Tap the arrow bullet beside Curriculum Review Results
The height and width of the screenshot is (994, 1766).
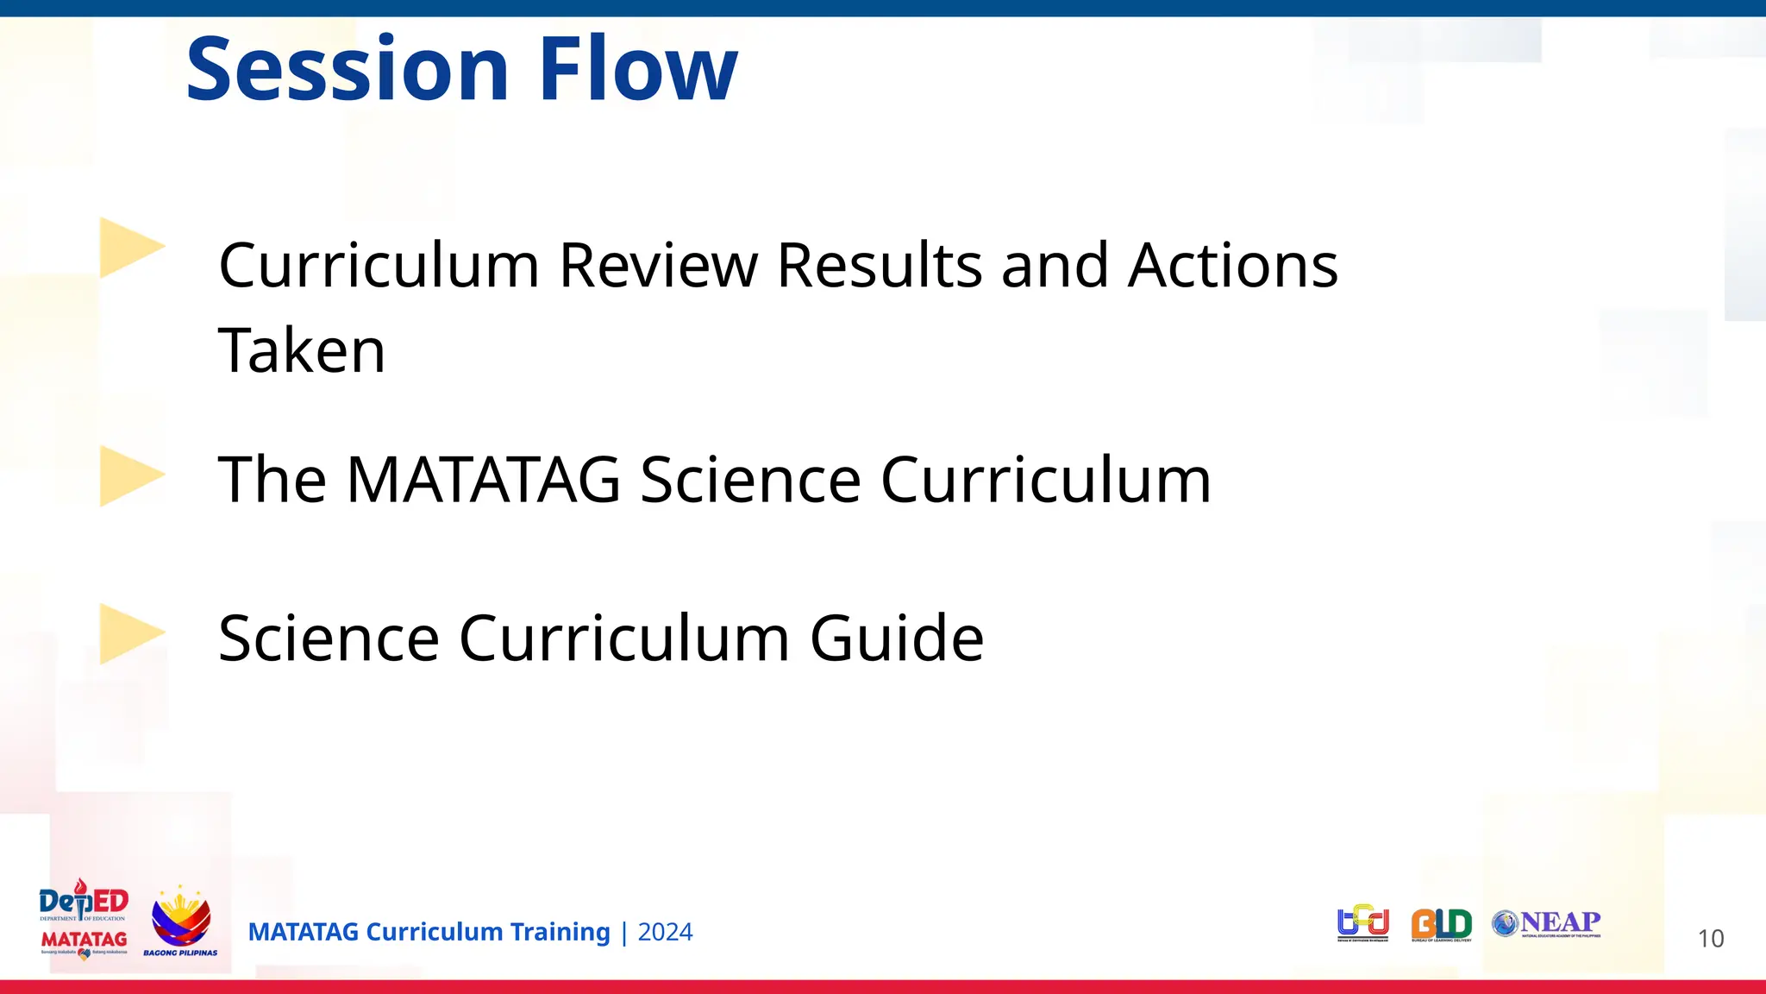pos(129,248)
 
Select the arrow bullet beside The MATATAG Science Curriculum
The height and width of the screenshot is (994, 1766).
pos(129,476)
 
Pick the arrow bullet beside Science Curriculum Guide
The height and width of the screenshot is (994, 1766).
pos(129,634)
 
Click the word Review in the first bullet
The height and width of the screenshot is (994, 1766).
pos(659,265)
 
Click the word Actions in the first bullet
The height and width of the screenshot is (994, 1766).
pos(1233,265)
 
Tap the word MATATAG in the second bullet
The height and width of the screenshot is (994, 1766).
pos(483,480)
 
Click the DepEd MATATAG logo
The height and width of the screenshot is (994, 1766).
pos(84,921)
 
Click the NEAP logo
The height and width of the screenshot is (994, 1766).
pos(1547,923)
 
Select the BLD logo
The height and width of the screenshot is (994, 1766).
pos(1441,924)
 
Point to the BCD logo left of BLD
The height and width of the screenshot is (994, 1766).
pos(1362,922)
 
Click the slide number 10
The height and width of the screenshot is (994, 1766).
pos(1710,939)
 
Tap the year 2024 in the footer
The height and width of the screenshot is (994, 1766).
pos(665,932)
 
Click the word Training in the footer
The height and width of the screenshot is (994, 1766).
pos(560,932)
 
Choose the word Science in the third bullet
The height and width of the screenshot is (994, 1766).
pos(329,639)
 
